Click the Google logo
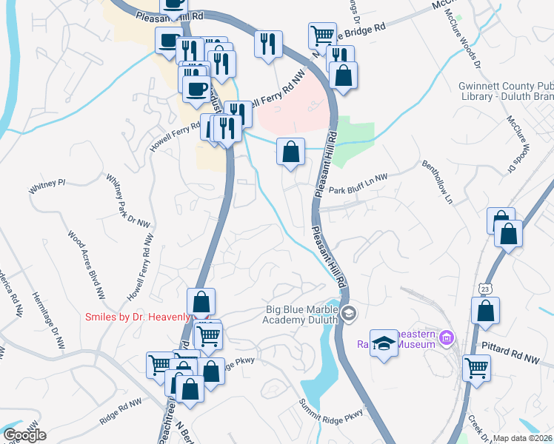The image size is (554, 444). [x=24, y=435]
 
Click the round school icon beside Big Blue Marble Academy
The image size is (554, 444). [x=350, y=314]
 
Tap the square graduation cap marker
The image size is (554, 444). [x=384, y=343]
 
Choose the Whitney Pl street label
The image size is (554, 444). [x=47, y=184]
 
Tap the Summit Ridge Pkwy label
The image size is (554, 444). [x=331, y=409]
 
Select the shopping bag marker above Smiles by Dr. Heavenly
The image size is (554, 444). [x=201, y=301]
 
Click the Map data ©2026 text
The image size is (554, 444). [x=523, y=438]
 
